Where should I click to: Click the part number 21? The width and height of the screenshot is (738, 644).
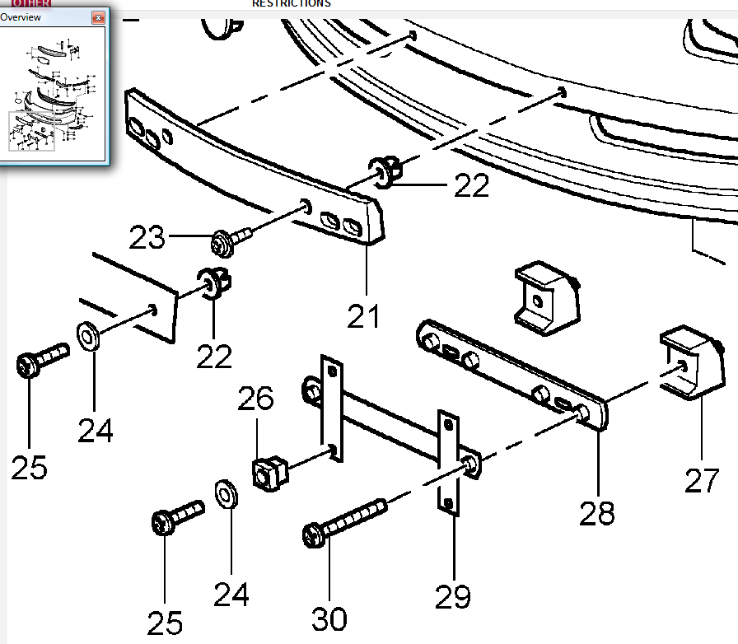[x=363, y=315]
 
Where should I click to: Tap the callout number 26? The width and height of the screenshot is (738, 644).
[x=255, y=399]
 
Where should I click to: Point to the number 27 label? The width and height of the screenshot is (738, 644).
[x=702, y=480]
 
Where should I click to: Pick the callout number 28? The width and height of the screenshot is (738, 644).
[x=596, y=512]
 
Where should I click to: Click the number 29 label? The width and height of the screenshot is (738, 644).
[x=453, y=596]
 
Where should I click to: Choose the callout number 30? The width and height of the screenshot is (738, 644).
[x=329, y=618]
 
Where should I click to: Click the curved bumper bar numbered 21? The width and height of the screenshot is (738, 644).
[x=247, y=165]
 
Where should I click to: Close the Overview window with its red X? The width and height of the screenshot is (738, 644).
[x=99, y=17]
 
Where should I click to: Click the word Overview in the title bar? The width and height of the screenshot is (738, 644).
[x=21, y=17]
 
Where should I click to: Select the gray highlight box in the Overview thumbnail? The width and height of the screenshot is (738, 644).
[x=31, y=132]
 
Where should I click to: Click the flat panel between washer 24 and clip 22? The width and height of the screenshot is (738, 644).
[x=136, y=296]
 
